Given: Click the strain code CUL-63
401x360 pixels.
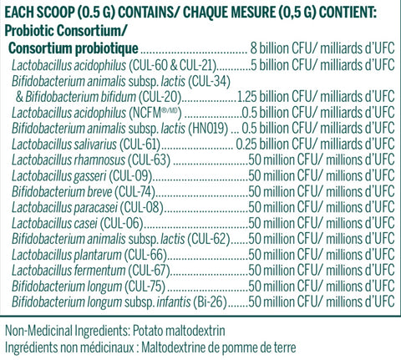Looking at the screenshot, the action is tap(149, 160).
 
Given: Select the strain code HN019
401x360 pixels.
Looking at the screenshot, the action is tap(208, 129).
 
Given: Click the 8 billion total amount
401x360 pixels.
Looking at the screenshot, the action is tap(269, 48).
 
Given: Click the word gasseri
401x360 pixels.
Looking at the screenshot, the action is tap(90, 176).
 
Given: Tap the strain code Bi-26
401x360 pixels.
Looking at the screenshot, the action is tap(209, 302).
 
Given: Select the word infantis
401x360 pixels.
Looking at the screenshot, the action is tap(174, 302).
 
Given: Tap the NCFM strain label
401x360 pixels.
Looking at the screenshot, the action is tap(155, 113).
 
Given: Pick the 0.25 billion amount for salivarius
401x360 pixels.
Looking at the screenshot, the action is tap(261, 145).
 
